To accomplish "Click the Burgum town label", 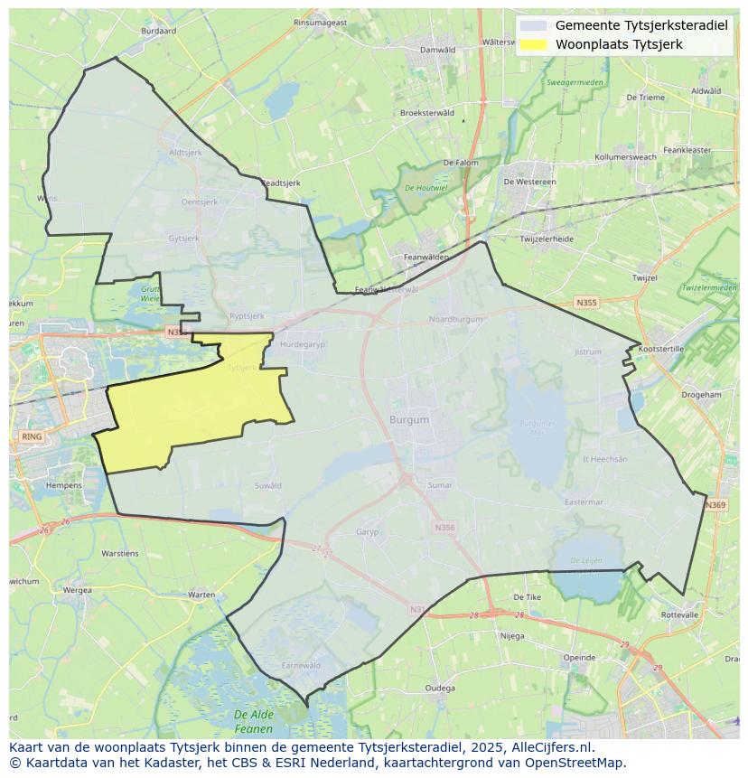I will [x=409, y=420].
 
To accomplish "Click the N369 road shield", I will [x=715, y=505].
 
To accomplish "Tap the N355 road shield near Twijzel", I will [x=586, y=303].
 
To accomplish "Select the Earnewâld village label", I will [x=301, y=665].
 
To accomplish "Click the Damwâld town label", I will [x=438, y=50].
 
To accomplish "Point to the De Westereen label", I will [x=529, y=182].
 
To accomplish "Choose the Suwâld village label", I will [x=268, y=486].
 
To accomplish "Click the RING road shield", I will [x=31, y=436].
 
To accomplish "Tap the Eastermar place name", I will [x=583, y=502].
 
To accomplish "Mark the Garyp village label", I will [x=367, y=532].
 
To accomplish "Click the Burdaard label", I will [x=159, y=31].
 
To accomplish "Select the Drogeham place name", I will [x=701, y=395].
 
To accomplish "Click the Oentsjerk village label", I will [x=199, y=202].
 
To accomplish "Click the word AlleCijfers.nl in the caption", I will [x=556, y=747].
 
